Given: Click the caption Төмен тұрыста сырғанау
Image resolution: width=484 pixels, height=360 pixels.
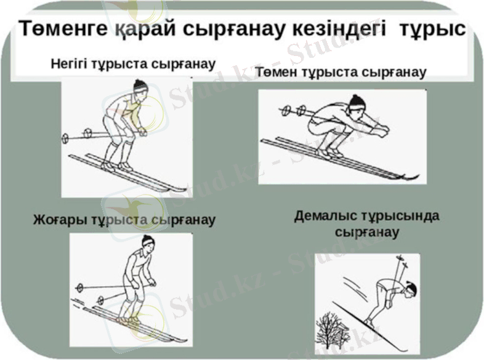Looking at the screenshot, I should [341, 73].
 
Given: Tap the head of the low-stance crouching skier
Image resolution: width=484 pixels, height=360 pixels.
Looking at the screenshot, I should [357, 103].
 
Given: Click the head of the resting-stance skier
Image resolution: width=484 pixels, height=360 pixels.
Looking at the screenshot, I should [411, 290].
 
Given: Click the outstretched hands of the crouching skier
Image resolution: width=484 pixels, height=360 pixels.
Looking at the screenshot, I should [383, 130].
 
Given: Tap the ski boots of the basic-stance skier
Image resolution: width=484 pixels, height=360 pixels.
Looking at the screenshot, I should [117, 166].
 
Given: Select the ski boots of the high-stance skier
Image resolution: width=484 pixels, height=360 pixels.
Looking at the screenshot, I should [129, 319].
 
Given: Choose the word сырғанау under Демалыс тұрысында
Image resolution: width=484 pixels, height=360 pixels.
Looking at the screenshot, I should [367, 233].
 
